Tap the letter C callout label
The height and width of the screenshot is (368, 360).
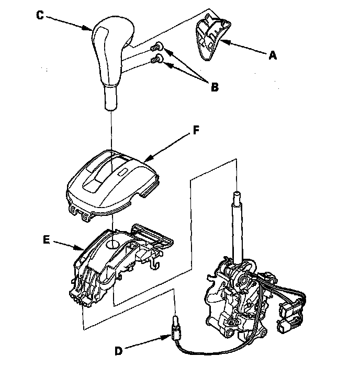40,14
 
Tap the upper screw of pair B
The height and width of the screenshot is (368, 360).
155,48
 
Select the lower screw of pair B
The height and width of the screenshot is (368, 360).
155,61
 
